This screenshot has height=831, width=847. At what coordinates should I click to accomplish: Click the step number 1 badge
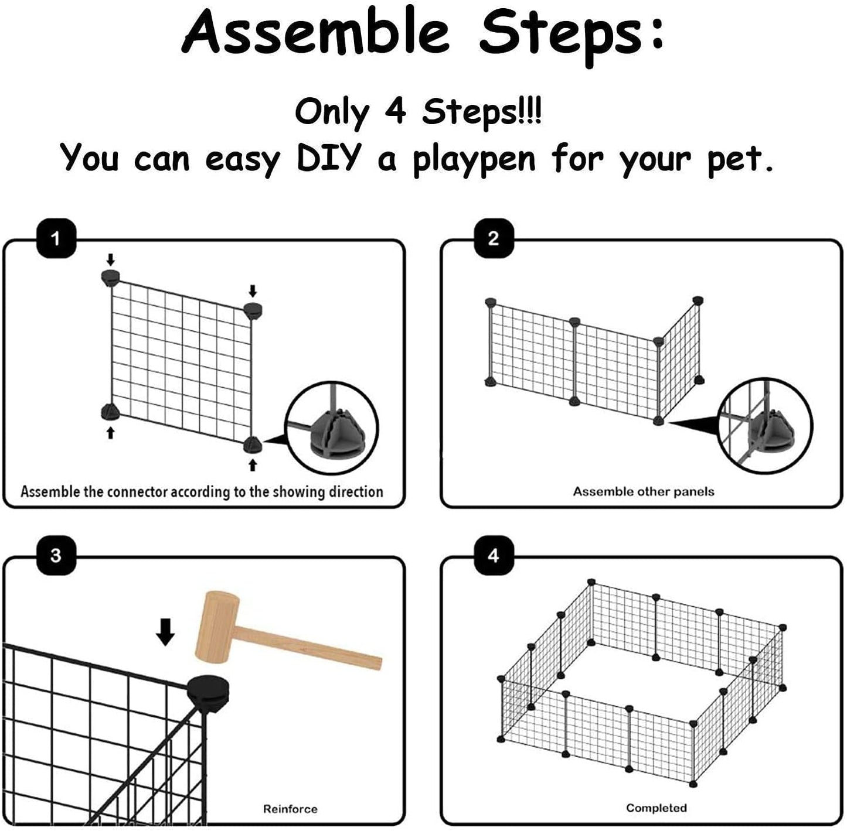coord(56,238)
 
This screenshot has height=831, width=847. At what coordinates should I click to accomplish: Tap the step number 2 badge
coord(493,238)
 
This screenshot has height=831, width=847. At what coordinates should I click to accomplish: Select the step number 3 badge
coord(56,555)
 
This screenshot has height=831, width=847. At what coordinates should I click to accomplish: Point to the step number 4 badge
coord(493,555)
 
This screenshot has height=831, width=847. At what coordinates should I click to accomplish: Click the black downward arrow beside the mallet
coord(166,632)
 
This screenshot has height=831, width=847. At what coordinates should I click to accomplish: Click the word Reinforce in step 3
coord(290,809)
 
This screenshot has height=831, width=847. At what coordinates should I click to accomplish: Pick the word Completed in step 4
coord(656,808)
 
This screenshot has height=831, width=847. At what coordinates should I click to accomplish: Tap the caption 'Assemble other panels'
coord(643,491)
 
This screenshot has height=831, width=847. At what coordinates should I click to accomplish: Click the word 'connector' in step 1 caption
coord(138,491)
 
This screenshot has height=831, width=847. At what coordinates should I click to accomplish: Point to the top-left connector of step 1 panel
coord(110,277)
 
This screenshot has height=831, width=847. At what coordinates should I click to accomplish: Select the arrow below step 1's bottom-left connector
coord(110,433)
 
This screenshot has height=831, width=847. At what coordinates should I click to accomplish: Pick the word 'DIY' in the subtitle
coord(327,158)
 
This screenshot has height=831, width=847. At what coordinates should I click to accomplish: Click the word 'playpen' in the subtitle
coord(474,159)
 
